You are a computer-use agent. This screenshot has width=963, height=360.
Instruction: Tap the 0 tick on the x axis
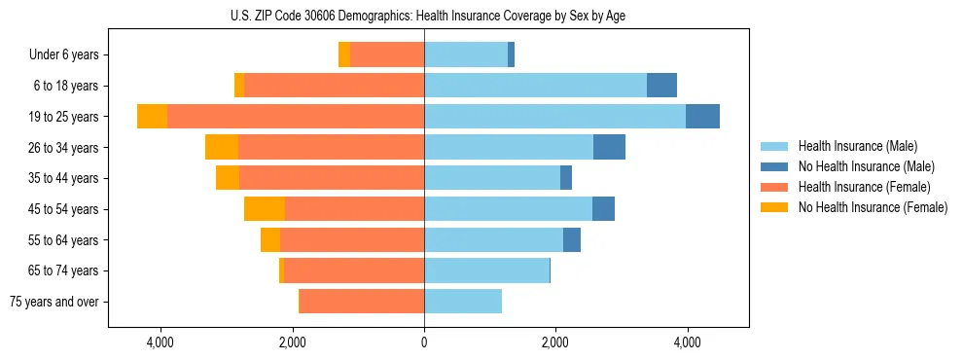pos(424,342)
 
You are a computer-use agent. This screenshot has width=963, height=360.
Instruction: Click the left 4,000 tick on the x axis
pos(160,342)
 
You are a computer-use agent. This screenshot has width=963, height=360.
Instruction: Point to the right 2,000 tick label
pos(555,342)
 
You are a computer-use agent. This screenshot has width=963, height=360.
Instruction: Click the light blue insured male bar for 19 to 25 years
pos(554,117)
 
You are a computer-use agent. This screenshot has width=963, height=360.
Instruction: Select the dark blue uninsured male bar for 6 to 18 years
pos(661,86)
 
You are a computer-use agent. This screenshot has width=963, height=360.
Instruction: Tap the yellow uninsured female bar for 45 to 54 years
pos(265,209)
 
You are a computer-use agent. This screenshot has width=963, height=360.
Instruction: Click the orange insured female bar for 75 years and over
pos(362,302)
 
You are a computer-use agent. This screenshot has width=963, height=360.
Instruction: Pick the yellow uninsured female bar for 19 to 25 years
pos(152,117)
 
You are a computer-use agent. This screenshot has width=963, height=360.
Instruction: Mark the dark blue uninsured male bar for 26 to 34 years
pos(609,147)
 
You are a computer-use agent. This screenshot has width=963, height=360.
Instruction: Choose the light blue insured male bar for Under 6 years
pos(466,55)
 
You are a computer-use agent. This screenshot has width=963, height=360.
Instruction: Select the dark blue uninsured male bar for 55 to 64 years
pos(572,239)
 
